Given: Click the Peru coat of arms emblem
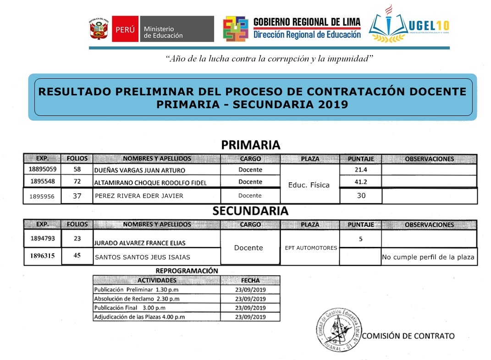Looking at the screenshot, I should click(99, 29).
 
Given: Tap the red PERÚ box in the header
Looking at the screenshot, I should click(124, 29).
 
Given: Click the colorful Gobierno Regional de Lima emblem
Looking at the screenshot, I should click(236, 29).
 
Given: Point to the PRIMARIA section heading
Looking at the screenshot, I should click(250, 145).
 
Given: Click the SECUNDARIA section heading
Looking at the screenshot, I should click(250, 211).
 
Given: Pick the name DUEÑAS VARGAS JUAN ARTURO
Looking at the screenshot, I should click(139, 170).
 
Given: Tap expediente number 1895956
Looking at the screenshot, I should click(42, 196).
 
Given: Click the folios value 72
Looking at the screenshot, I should click(77, 182).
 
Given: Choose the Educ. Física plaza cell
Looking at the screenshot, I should click(309, 185).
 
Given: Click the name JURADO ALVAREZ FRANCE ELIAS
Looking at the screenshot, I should click(140, 243).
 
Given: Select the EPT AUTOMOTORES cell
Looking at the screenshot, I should click(311, 248).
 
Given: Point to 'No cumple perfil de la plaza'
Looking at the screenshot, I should click(428, 257).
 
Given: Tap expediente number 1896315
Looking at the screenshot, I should click(42, 256).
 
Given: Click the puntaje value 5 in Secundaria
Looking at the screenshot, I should click(360, 238).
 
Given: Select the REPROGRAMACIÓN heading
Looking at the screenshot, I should click(187, 271).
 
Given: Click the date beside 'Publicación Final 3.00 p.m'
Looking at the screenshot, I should click(250, 308).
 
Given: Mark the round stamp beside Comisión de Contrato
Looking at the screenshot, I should click(338, 328).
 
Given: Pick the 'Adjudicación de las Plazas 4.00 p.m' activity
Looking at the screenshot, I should click(139, 316).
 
